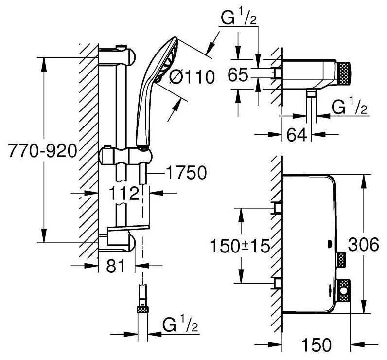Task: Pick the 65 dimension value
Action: [x=239, y=75]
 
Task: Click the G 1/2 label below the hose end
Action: [x=180, y=324]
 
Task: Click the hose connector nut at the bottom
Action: [x=142, y=309]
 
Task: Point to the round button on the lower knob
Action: [x=344, y=292]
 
